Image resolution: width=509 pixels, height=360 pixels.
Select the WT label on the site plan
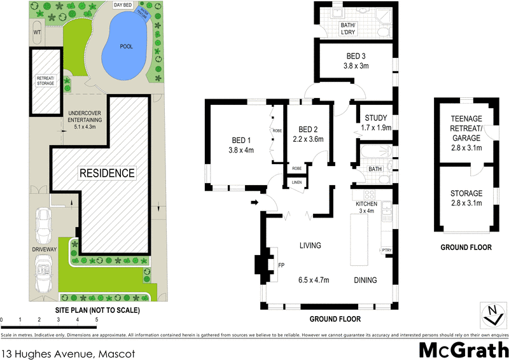pos(38,31)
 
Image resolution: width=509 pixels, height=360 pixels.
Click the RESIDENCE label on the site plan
pos(106,173)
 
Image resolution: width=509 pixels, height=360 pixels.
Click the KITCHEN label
pos(366,204)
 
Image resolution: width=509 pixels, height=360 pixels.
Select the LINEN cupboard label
pos(297,183)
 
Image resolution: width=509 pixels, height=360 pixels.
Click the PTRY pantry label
pos(386,250)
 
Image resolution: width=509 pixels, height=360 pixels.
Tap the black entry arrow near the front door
pos(255,204)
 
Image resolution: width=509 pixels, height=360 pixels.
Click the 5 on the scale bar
pos(96,319)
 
